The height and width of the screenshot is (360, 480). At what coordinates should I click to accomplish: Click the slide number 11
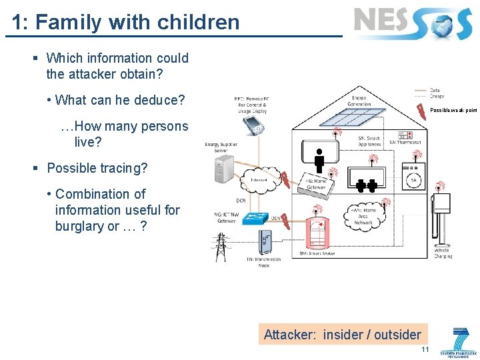point(425,350)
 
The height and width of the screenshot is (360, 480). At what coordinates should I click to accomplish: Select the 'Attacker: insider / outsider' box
point(342,335)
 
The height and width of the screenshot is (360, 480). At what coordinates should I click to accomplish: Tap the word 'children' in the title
point(198,22)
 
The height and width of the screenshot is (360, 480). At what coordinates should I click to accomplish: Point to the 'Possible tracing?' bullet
point(97,168)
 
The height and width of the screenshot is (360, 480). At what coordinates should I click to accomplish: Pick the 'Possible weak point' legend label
point(453,111)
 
